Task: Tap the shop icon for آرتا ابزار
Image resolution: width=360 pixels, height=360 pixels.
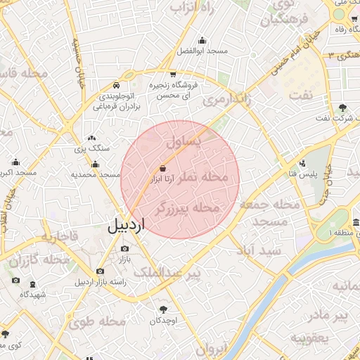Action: coord(163,169)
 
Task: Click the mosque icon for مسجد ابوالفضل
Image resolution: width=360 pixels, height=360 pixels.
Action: coord(202,40)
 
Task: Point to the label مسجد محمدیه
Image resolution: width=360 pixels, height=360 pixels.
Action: coord(92,174)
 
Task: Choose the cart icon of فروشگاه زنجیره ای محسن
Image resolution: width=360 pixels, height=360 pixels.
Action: coord(173,74)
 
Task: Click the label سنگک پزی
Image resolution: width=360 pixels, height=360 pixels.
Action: coord(89,148)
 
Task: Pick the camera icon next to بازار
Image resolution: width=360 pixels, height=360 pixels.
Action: coord(125,248)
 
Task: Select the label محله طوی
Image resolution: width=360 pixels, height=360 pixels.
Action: coord(96,322)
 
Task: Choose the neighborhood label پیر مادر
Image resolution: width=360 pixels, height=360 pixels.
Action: coord(330,316)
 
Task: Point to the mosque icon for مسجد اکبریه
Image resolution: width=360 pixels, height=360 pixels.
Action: coord(16,162)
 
